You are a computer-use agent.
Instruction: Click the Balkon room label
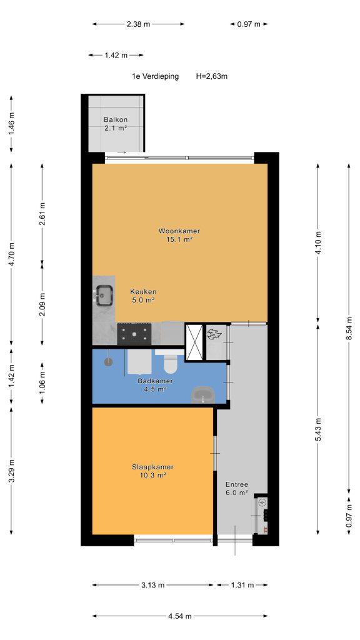tap(116, 124)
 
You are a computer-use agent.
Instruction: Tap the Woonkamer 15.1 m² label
tap(179, 235)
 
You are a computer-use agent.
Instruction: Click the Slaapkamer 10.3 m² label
tap(153, 471)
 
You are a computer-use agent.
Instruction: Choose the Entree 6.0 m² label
tap(237, 489)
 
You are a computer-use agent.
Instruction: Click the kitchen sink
tap(104, 295)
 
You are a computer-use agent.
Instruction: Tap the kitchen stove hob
tap(134, 334)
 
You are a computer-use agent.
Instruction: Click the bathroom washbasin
tap(203, 395)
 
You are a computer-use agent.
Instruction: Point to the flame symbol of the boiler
tap(214, 335)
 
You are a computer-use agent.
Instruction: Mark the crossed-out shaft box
tap(194, 342)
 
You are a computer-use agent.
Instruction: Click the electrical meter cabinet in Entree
tap(262, 515)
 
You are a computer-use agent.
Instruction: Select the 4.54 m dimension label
tap(180, 616)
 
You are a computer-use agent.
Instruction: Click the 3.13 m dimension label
tap(153, 585)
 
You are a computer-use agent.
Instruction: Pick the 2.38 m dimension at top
tap(138, 24)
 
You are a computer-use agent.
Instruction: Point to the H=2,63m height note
tap(212, 76)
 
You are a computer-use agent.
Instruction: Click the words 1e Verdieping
tap(155, 76)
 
